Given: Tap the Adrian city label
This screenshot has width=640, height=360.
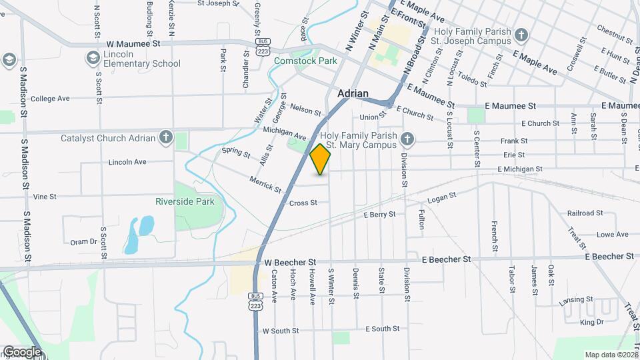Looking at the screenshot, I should [353, 94].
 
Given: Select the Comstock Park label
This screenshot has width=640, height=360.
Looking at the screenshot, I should [305, 61].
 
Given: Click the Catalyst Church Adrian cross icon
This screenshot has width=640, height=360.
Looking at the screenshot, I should [165, 139].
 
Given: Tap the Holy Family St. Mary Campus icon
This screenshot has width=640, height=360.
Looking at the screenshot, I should [409, 139].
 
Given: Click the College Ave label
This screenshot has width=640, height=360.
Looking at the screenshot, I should [50, 99].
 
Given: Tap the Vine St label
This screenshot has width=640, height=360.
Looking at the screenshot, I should [45, 197].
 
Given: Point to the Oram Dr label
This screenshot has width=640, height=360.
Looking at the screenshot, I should [83, 242].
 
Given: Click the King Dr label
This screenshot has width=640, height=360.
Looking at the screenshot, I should [591, 322].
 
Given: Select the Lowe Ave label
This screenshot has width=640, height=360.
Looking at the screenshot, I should [613, 234].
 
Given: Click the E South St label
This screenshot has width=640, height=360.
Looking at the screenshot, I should [383, 329].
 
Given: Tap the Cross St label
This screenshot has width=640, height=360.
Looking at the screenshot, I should [303, 203].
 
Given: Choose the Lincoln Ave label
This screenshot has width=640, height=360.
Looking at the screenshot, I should [127, 162].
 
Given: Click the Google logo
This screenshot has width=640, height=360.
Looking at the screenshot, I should [22, 351].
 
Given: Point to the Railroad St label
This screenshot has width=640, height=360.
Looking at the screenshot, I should [585, 213].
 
